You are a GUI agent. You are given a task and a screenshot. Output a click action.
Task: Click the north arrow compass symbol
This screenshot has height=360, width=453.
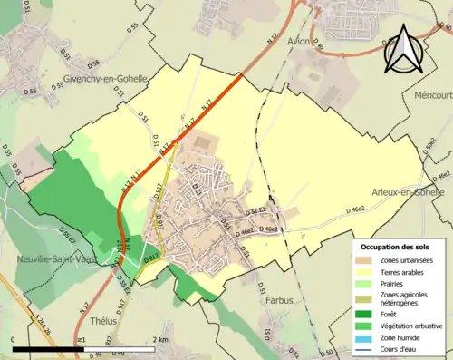402,50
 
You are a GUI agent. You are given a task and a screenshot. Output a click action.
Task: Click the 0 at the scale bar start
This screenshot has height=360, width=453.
14,340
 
